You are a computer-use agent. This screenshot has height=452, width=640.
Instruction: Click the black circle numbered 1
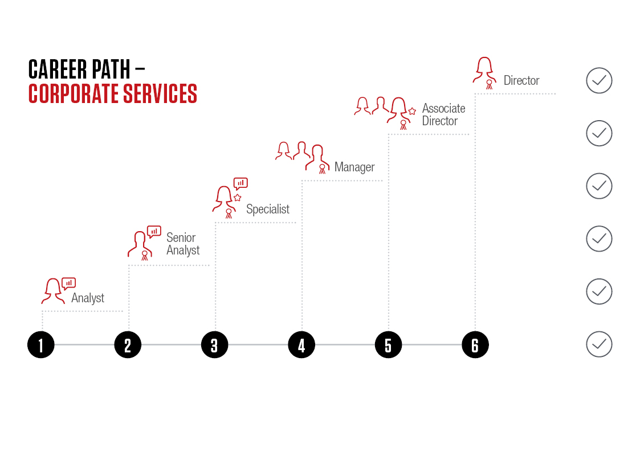point(41,345)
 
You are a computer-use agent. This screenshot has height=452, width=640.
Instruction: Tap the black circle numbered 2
point(128,345)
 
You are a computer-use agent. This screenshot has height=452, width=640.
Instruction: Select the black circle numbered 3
point(215,345)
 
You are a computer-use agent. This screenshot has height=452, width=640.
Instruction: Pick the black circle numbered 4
point(301,345)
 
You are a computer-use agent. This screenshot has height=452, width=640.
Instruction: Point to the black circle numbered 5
point(389,345)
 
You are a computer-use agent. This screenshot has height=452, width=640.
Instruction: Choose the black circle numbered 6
point(475,345)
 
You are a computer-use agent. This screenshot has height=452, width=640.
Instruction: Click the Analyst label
point(88,298)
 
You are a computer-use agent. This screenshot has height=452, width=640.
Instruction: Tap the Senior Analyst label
point(183,244)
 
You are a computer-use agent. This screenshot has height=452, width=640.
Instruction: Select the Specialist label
point(268,209)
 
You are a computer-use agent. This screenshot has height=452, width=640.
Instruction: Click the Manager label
point(354,167)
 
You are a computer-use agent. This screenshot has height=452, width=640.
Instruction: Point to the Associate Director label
point(444,114)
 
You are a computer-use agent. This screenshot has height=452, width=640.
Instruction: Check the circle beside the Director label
point(599,80)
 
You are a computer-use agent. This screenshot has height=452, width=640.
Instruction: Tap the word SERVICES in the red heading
point(160,94)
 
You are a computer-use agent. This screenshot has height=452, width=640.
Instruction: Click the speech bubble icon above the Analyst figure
point(68,283)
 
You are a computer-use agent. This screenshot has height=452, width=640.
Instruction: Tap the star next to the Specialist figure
point(238,198)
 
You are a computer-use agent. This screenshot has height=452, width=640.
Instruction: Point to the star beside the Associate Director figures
point(412,111)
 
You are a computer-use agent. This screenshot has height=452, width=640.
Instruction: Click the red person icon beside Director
point(485,73)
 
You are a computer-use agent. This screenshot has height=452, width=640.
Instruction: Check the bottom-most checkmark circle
point(599,344)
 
